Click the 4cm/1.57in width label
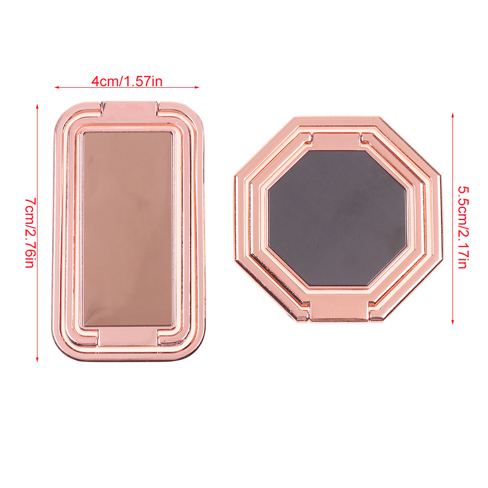[x=127, y=81]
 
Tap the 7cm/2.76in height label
[x=30, y=232]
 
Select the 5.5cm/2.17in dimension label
[x=463, y=227]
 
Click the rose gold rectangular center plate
[x=128, y=229]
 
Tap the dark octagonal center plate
[x=337, y=218]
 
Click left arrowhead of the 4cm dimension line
[x=56, y=88]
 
